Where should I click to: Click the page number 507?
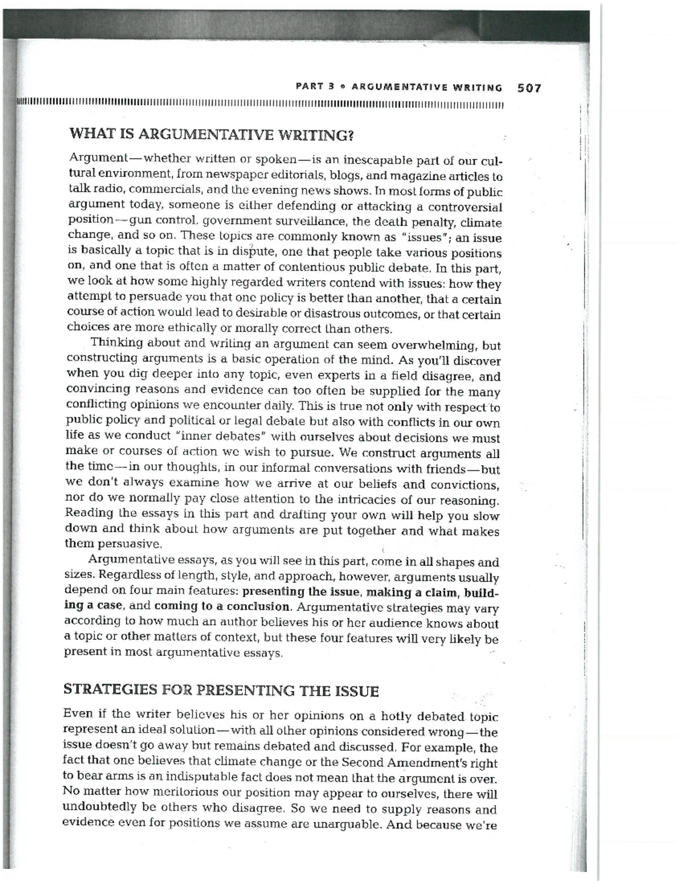point(529,88)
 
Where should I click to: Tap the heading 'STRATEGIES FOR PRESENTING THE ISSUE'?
point(221,690)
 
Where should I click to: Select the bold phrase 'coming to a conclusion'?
point(222,606)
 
